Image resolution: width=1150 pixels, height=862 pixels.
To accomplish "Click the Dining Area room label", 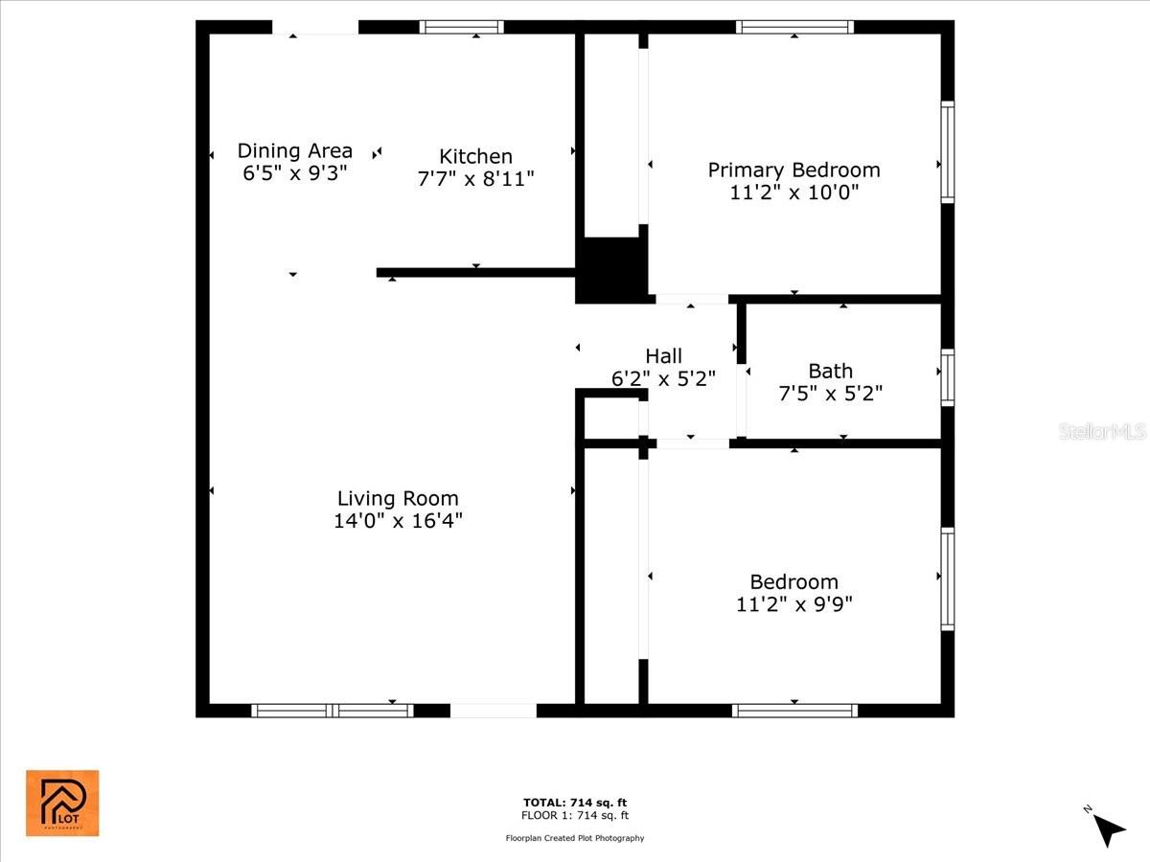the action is (x=295, y=150).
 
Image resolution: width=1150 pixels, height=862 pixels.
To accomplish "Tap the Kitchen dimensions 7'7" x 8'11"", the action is (x=475, y=179).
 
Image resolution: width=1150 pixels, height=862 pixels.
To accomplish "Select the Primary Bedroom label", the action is (x=793, y=170).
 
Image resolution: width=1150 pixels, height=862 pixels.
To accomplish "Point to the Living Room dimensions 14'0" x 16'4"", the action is (x=398, y=521).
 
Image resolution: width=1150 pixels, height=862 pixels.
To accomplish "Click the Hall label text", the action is (x=663, y=356).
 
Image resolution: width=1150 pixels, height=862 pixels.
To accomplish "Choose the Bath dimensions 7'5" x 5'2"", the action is (x=831, y=393).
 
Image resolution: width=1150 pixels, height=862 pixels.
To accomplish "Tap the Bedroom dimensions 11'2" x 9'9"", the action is (x=794, y=604).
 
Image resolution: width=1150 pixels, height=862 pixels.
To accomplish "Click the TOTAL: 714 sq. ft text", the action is (x=575, y=803).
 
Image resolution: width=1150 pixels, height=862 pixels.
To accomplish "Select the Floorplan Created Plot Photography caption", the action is (x=575, y=838).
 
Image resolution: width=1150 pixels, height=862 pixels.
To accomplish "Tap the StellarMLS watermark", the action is (x=1102, y=431).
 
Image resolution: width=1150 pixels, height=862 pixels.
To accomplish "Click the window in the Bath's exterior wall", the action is (x=947, y=377).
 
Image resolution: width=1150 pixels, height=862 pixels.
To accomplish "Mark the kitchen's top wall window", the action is (x=462, y=27).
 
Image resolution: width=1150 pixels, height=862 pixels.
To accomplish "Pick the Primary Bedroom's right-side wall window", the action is (x=947, y=151).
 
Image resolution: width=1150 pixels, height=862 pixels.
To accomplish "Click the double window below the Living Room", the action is (x=333, y=711).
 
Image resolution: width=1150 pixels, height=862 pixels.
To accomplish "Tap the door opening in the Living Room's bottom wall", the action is (x=494, y=711).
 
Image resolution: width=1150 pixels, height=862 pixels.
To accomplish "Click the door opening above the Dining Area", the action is (x=315, y=27).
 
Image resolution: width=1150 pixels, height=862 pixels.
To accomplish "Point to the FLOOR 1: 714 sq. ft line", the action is (x=575, y=815).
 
